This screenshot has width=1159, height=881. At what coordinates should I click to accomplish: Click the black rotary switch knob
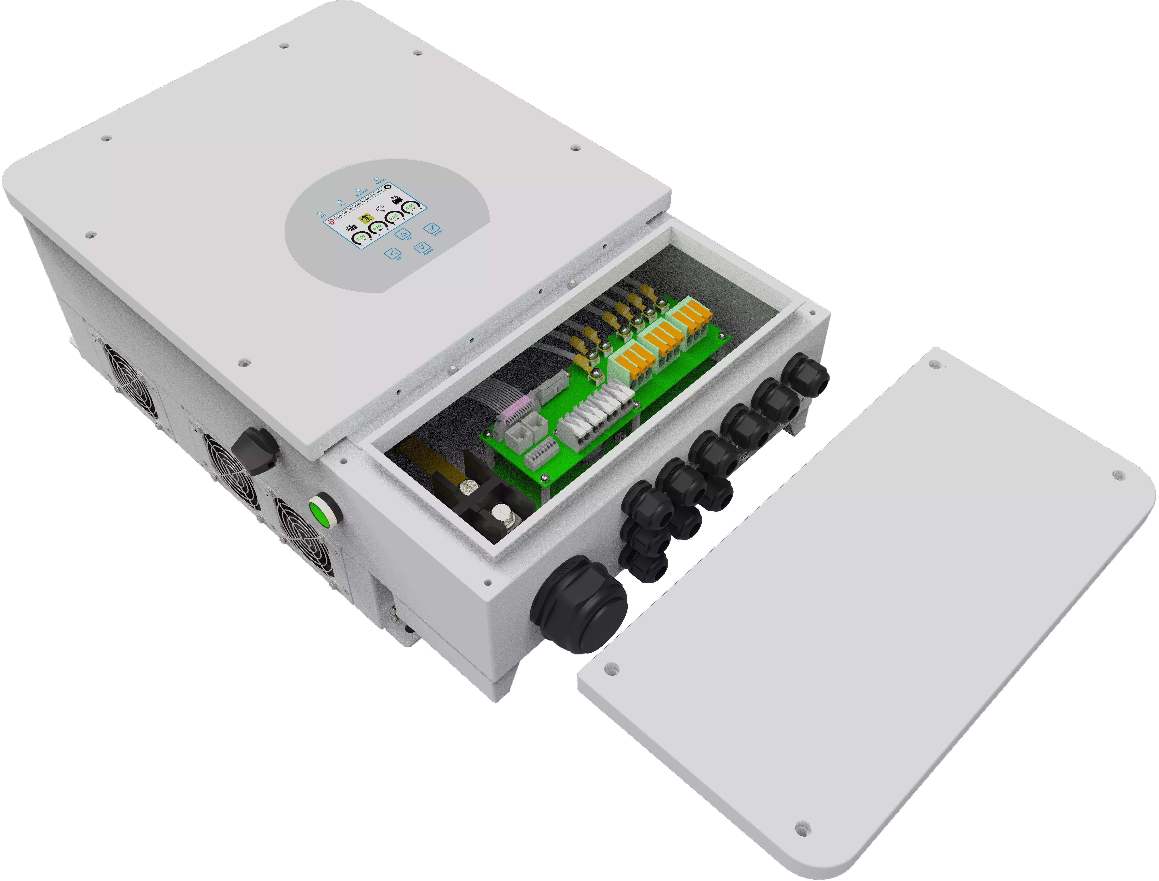[254, 450]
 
